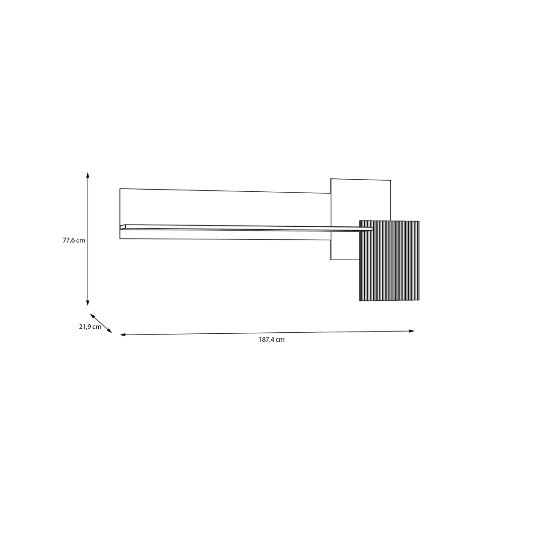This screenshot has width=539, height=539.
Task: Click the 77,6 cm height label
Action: coord(74,240)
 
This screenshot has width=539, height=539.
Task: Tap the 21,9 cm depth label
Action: coord(90,327)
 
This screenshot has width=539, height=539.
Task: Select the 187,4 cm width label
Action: coord(271,340)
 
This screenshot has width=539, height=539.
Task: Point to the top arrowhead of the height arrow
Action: coord(88,174)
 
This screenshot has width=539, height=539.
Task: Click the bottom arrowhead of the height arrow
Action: coord(88,303)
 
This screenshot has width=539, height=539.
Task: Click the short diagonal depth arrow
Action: coord(101,323)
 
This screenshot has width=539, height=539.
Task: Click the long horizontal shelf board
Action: coord(247,228)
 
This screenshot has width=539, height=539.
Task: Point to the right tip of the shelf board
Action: coord(371,230)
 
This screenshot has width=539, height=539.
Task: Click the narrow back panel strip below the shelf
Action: coord(225,235)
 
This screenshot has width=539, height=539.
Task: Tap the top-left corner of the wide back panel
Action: coord(120,189)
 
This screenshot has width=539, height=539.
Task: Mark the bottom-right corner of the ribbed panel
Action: coord(419,300)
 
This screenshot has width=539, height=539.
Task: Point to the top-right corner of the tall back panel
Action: coord(391,181)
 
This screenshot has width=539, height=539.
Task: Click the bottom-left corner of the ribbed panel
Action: coord(360,300)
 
